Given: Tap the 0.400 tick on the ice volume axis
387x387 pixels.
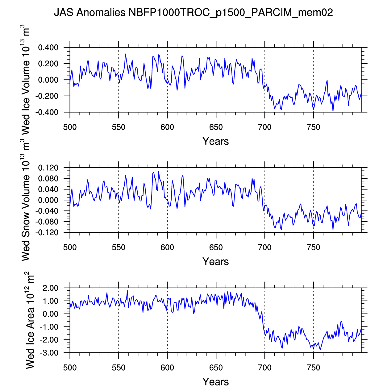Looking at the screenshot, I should point(48,48).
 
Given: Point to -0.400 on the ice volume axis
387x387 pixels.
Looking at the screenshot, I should point(47,112).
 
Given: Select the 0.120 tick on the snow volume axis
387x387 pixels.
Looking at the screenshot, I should point(48,168).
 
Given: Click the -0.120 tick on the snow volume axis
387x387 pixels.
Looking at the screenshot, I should point(47,233).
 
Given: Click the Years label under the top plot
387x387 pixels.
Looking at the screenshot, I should point(216,141).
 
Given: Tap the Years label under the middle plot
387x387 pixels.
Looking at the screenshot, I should point(216,262).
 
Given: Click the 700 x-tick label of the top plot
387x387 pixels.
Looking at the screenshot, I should point(265,127).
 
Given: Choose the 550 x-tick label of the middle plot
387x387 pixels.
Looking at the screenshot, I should point(119,248).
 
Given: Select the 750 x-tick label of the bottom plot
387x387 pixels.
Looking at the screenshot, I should point(314,368).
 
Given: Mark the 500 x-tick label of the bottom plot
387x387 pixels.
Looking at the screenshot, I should point(70,368).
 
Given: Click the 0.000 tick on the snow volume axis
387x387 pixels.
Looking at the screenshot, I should point(48,200).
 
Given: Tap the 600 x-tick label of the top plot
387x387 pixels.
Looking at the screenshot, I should point(167,127).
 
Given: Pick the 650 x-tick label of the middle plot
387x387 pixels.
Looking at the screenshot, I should point(216,248).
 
